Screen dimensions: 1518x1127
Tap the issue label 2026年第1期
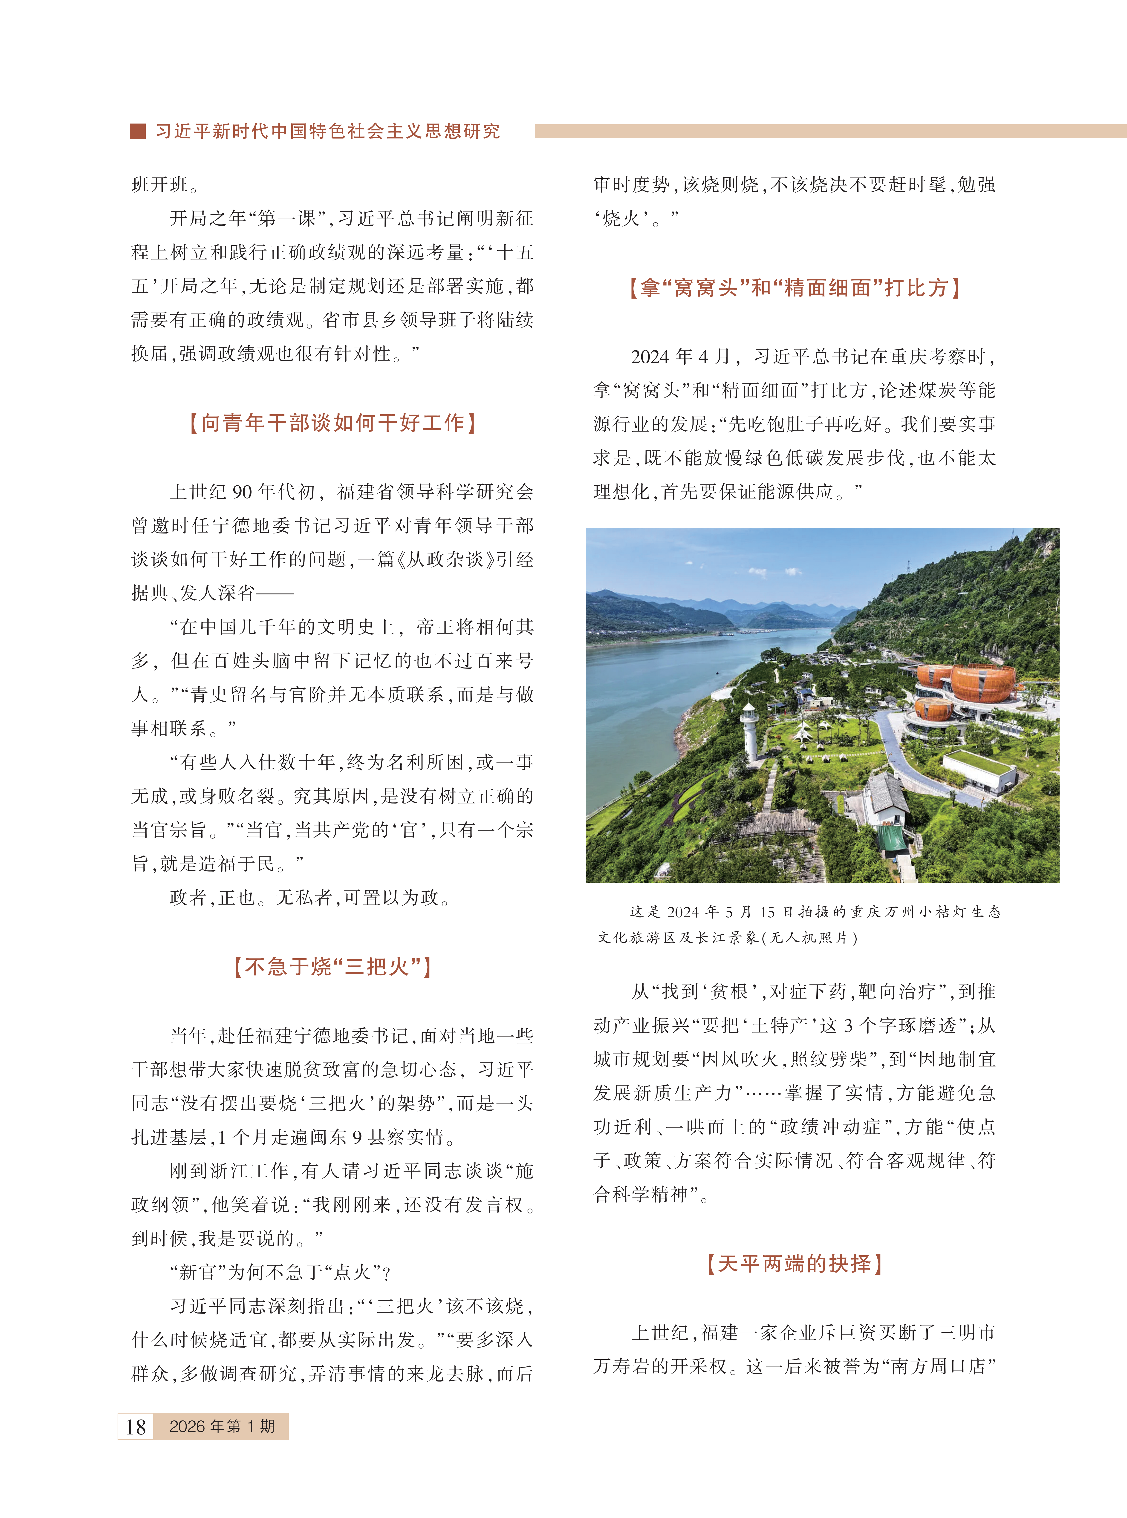point(222,1426)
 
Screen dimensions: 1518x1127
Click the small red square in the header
point(138,131)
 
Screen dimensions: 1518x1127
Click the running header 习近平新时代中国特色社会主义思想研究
point(327,131)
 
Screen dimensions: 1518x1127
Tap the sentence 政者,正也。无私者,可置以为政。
point(310,897)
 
